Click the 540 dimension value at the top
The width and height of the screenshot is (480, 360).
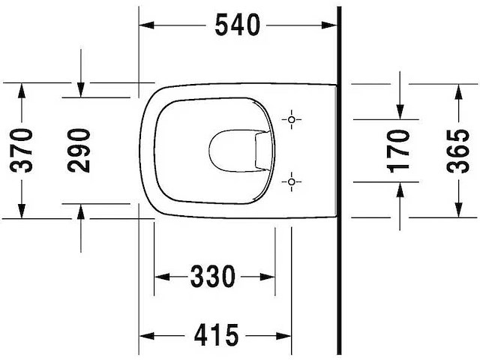pyautogui.click(x=238, y=25)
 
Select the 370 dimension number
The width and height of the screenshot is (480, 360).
pyautogui.click(x=22, y=150)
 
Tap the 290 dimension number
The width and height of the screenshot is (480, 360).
pyautogui.click(x=79, y=150)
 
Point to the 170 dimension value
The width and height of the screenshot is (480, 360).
pyautogui.click(x=400, y=150)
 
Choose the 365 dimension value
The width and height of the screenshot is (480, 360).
pyautogui.click(x=457, y=150)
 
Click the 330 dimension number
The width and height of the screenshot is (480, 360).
pyautogui.click(x=212, y=277)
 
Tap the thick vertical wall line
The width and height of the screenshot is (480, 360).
pyautogui.click(x=340, y=180)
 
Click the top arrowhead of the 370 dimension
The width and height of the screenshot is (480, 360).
pyautogui.click(x=22, y=88)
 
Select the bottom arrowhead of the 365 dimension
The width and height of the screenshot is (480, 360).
pyautogui.click(x=457, y=211)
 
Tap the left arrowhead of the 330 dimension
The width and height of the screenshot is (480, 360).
pyautogui.click(x=160, y=277)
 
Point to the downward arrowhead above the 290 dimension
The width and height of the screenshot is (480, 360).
pyautogui.click(x=80, y=91)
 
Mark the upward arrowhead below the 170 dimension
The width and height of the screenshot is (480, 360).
pyautogui.click(x=400, y=187)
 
